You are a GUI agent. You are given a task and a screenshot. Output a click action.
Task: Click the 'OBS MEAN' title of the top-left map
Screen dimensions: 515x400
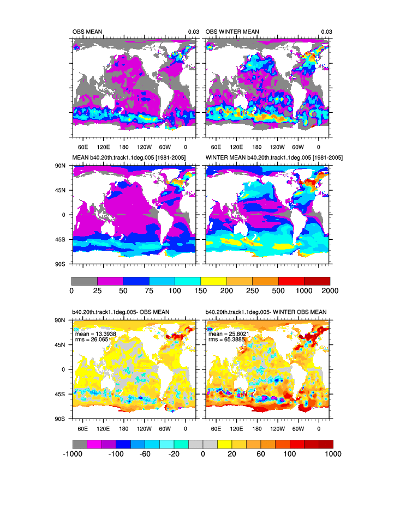point(87,32)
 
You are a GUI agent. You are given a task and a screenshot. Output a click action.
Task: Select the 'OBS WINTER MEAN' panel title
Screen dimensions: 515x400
point(232,32)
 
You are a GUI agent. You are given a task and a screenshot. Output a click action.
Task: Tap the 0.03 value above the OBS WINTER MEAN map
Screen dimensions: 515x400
point(326,32)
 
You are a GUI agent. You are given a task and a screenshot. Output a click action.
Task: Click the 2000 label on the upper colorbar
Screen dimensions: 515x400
point(330,290)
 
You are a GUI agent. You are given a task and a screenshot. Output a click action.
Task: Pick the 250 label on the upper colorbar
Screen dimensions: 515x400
point(253,290)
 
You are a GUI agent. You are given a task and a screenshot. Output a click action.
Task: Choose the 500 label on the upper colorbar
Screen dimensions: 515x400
point(278,290)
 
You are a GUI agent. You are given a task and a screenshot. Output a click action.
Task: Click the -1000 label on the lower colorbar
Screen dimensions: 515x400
point(73,455)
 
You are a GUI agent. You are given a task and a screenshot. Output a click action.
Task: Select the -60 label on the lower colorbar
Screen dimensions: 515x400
point(145,455)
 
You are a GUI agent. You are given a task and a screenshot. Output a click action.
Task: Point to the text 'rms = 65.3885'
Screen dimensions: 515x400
point(226,340)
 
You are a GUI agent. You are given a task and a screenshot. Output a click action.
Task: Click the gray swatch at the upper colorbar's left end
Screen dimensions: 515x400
point(84,281)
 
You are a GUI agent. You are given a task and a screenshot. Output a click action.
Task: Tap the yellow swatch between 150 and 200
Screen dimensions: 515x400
point(213,281)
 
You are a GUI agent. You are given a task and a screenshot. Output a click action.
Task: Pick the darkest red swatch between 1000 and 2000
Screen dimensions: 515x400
point(317,281)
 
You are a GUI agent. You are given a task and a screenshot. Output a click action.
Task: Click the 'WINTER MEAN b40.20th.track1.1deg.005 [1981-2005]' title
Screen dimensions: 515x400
point(274,158)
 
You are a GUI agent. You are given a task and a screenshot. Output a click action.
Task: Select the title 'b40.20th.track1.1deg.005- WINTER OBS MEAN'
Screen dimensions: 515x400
point(266,312)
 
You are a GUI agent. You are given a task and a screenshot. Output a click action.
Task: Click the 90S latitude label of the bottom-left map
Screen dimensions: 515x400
point(59,419)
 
